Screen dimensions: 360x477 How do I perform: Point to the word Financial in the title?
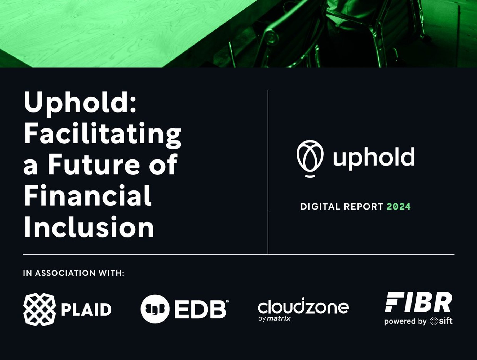87,196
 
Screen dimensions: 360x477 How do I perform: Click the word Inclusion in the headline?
89,227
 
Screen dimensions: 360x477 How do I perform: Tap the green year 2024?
399,207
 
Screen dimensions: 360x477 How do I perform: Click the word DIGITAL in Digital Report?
320,207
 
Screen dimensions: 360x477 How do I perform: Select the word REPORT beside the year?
364,207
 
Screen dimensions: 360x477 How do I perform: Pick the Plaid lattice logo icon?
39,309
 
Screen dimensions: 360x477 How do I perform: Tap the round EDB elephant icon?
155,309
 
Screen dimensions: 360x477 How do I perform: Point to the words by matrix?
274,318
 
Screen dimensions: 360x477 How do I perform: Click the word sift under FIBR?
446,321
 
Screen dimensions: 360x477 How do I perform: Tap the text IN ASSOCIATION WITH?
74,273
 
